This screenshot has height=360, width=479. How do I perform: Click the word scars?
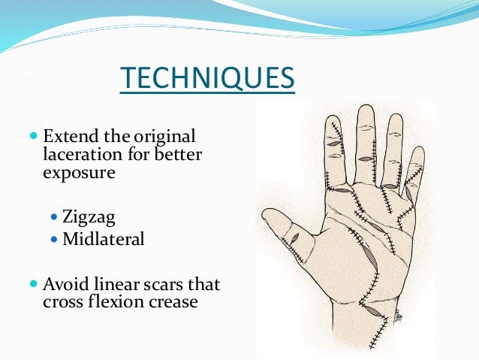(197, 285)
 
